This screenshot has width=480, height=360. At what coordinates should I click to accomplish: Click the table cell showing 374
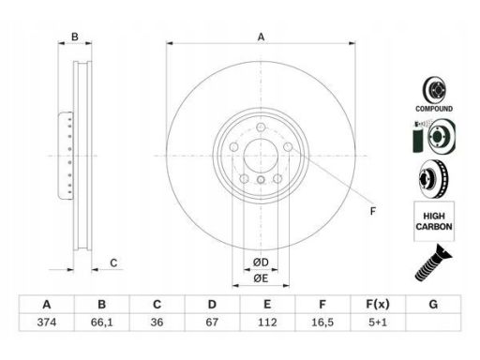pos(47,322)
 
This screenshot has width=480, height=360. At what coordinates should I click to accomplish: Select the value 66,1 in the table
pos(102,322)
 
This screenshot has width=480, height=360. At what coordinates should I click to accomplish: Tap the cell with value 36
pos(157,322)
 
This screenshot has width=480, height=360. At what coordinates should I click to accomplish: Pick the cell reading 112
pos(267,322)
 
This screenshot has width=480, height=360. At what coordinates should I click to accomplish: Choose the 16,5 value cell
pos(322,322)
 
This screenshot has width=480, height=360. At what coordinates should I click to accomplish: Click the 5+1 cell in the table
pos(378,322)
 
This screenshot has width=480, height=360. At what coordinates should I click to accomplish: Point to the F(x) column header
pos(378,304)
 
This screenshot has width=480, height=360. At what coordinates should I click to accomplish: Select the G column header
pos(433,304)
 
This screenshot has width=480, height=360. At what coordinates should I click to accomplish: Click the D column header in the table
pos(212,304)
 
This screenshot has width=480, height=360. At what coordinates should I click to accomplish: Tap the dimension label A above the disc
pos(261,37)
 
